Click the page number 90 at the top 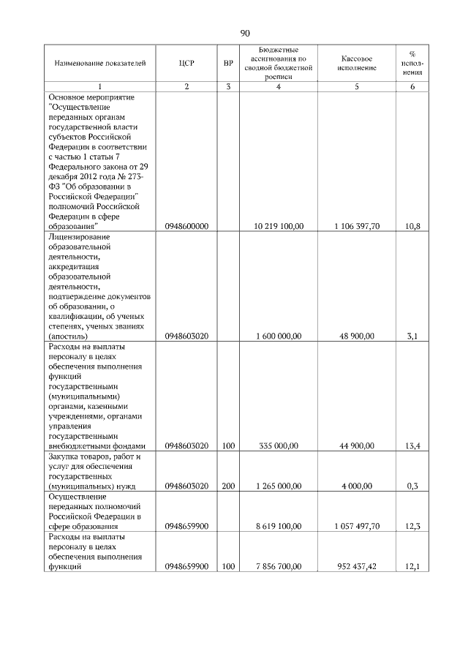(244, 33)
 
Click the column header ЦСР (186, 63)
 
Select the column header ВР (228, 63)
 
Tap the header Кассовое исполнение (357, 63)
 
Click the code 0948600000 (186, 227)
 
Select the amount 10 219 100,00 (278, 227)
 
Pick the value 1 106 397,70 (357, 227)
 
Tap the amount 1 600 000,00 (278, 336)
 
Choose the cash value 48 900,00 (358, 336)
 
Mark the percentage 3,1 (414, 336)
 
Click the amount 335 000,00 (279, 445)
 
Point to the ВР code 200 (228, 486)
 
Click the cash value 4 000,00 (358, 486)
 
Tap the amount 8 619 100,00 (278, 526)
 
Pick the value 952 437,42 (357, 566)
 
